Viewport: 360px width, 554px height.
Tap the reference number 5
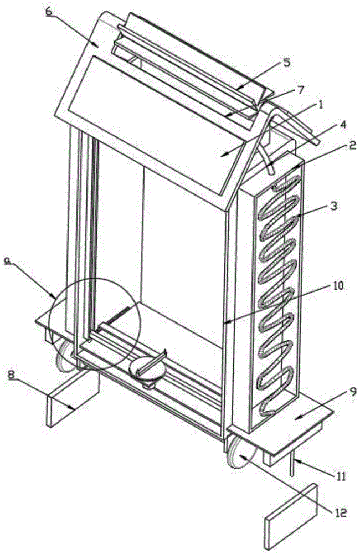pyautogui.click(x=286, y=62)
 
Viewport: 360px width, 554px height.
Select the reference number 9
pyautogui.click(x=338, y=389)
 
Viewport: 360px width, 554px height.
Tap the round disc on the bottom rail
pyautogui.click(x=147, y=368)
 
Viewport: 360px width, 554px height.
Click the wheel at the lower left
pyautogui.click(x=65, y=355)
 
